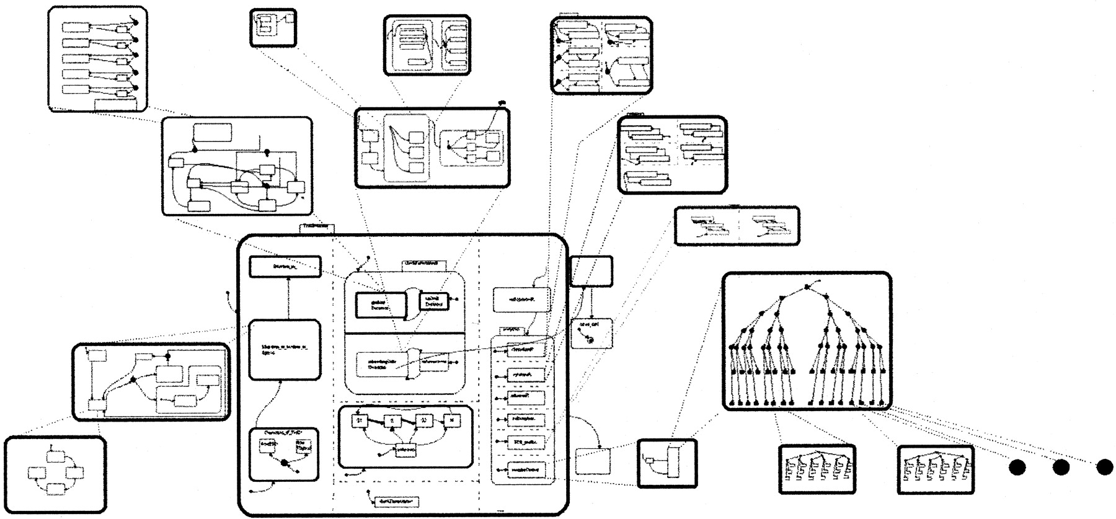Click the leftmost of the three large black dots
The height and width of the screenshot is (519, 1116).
click(1017, 468)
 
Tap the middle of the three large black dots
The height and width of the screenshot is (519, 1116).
click(1061, 468)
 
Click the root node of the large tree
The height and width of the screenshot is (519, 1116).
click(807, 286)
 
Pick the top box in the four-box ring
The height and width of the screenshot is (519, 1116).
click(55, 456)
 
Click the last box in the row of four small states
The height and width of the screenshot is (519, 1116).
click(453, 421)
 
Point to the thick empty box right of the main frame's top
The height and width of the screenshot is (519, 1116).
click(591, 271)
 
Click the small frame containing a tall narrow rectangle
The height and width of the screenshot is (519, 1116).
click(666, 463)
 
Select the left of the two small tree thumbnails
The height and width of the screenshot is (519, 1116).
click(817, 469)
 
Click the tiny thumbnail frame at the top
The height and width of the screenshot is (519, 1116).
click(273, 27)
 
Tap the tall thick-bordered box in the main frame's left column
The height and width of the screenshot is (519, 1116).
click(285, 350)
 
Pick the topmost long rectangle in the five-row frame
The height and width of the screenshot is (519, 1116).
click(76, 27)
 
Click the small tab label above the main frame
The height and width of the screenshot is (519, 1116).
click(316, 228)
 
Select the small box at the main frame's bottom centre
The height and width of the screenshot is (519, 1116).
click(397, 501)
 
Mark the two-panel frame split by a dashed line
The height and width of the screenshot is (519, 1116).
click(737, 226)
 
